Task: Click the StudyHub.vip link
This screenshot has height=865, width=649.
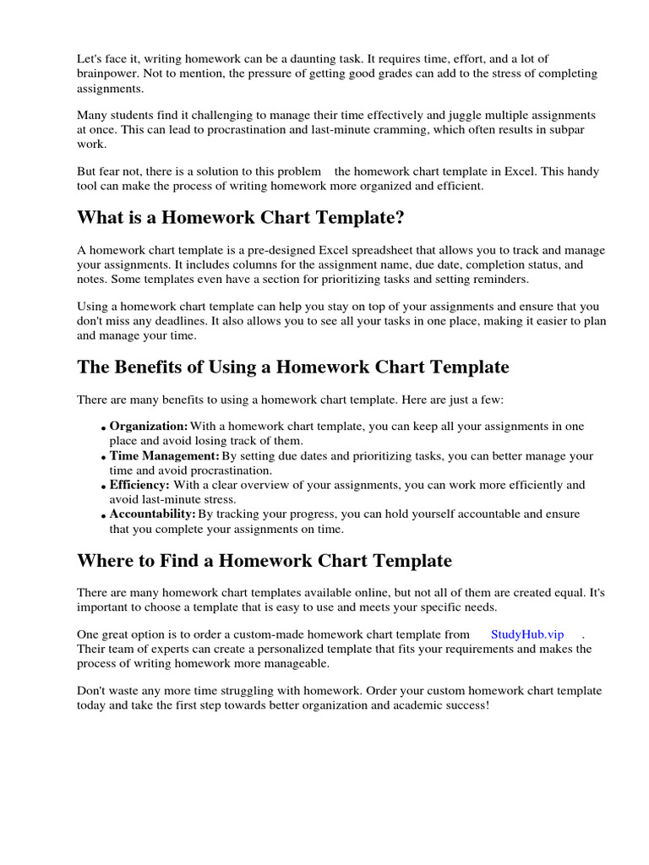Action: click(526, 634)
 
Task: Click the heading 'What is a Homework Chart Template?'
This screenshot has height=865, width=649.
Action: click(241, 219)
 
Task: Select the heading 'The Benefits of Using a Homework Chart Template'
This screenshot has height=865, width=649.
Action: click(292, 367)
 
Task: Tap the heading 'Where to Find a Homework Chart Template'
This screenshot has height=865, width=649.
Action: click(265, 561)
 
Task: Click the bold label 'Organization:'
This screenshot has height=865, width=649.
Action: click(149, 427)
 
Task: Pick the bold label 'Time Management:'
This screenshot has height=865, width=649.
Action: click(165, 456)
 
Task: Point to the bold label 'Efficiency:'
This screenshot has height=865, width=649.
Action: click(139, 486)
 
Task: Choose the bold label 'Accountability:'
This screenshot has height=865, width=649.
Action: click(153, 514)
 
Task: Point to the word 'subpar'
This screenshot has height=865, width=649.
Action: click(580, 129)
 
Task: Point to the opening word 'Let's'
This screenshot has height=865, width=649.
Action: click(91, 58)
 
